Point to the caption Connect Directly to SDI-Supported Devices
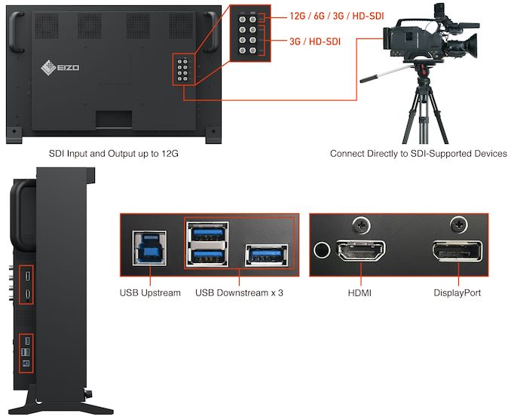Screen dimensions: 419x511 (x=418, y=154)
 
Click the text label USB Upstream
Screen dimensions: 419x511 (x=150, y=292)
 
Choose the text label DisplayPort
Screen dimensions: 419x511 (x=457, y=292)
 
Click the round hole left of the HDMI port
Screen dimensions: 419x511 (x=324, y=252)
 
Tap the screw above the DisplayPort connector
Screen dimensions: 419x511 (x=457, y=224)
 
